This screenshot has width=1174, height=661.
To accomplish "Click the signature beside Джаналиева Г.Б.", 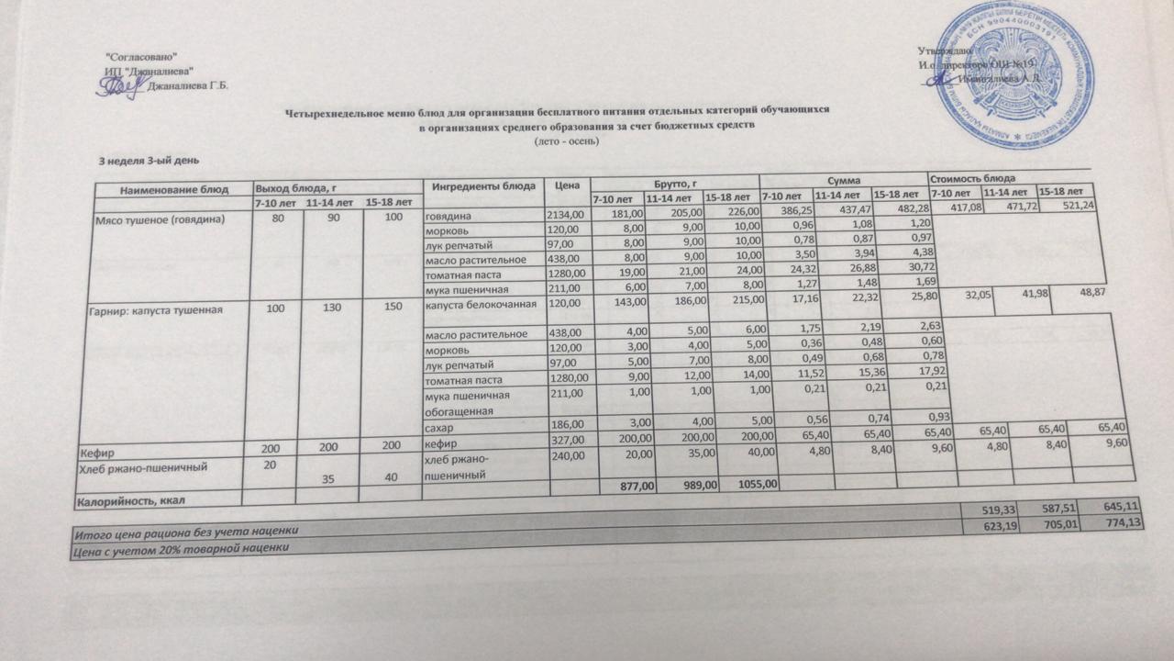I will [x=117, y=86].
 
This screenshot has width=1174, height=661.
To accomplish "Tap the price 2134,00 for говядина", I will [x=565, y=215].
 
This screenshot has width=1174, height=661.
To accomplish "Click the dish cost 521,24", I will [x=1067, y=206].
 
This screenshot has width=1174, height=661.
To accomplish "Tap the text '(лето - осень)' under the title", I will [x=566, y=141].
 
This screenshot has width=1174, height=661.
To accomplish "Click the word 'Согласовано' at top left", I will [x=141, y=58].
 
